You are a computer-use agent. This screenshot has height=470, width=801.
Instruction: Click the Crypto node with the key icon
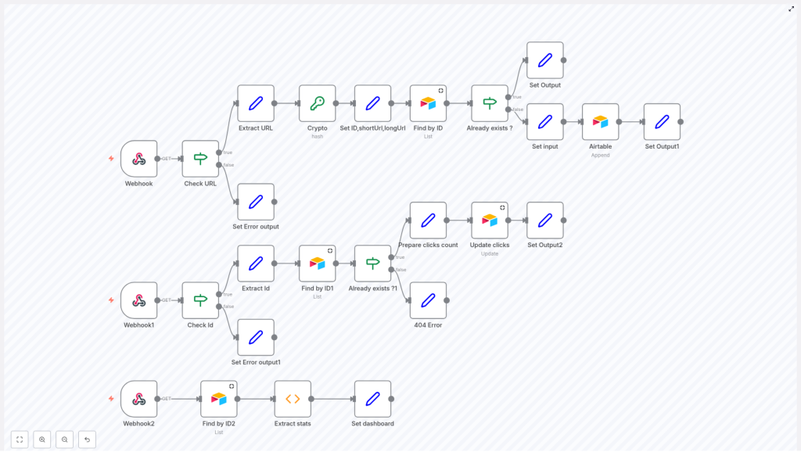coord(317,103)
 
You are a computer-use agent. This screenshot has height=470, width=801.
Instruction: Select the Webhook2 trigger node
coord(138,399)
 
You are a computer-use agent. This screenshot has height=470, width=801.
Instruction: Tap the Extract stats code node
coord(293,399)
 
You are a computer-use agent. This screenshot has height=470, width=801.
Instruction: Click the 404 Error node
coord(428,300)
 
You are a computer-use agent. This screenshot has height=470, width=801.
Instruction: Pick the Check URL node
coord(200,159)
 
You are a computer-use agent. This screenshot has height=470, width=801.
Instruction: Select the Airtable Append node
coord(600,122)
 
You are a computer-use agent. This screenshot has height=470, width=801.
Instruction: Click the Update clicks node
coord(489,221)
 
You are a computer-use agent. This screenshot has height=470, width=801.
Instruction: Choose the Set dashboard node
coord(372,399)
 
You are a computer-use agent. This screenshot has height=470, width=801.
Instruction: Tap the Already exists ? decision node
coord(489,103)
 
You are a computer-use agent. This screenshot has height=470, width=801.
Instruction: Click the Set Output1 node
coord(662,122)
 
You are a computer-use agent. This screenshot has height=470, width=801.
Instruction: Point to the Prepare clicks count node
coord(428,221)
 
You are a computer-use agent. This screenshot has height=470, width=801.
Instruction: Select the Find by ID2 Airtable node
coord(218,399)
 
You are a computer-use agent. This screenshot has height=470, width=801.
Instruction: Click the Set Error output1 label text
coord(256,362)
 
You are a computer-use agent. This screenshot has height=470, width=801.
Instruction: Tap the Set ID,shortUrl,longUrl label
coord(372,127)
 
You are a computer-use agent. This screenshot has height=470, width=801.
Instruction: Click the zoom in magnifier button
coord(42,440)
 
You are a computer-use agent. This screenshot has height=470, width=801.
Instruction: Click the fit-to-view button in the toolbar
coord(20,440)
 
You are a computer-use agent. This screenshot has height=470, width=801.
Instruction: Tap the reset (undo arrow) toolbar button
coord(87,440)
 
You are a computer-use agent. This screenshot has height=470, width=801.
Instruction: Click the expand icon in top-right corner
coord(791,9)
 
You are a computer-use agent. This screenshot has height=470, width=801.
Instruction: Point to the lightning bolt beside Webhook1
coord(111,300)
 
